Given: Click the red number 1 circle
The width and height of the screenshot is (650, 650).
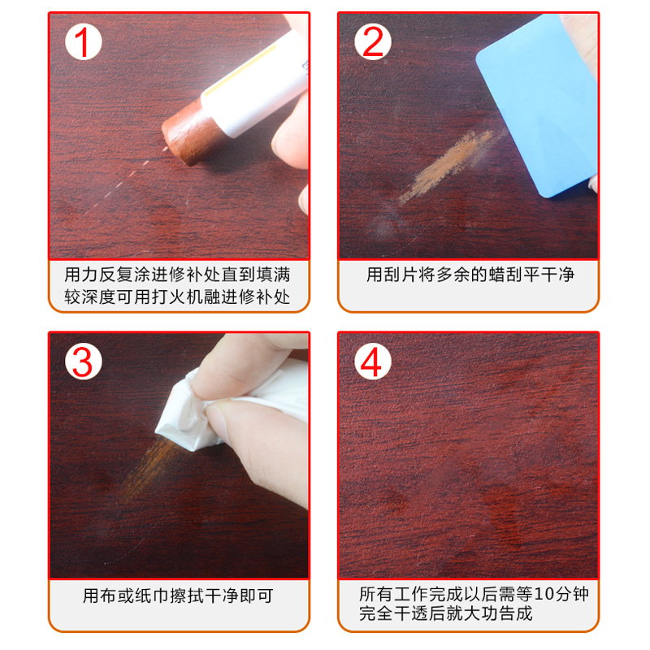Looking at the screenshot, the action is [x=84, y=42].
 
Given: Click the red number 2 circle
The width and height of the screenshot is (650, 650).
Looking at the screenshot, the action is [x=373, y=42].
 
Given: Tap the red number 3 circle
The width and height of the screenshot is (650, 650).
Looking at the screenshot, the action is [x=84, y=362].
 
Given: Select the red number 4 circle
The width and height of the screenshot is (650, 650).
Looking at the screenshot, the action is [x=373, y=362].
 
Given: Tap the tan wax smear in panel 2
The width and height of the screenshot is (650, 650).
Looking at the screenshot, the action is [x=445, y=166].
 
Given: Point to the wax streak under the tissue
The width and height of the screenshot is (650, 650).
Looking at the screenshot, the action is [x=147, y=469].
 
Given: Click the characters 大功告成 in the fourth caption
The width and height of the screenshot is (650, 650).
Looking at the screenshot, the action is [x=498, y=613].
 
